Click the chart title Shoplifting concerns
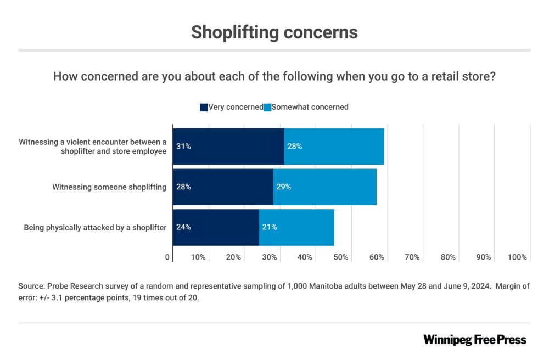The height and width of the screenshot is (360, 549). click(274, 32)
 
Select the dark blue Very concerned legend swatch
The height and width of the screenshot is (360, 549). click(204, 108)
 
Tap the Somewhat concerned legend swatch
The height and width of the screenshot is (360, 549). click(267, 108)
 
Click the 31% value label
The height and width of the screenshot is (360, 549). click(183, 147)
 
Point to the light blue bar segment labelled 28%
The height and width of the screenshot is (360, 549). click(334, 147)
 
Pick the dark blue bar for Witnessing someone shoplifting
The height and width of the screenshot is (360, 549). click(223, 187)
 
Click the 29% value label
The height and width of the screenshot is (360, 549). click(283, 187)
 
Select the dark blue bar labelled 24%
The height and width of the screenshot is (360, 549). click(216, 227)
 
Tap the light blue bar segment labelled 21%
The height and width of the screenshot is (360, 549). click(296, 227)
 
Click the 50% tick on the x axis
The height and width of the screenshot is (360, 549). click(341, 257)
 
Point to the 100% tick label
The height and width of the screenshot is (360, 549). click(517, 257)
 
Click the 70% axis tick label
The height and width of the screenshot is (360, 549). click(412, 257)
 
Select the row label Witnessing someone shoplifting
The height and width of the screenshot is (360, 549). click(109, 187)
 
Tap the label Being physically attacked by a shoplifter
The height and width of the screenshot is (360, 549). click(95, 227)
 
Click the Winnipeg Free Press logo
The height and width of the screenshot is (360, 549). click(474, 340)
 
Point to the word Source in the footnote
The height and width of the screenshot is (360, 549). click(31, 286)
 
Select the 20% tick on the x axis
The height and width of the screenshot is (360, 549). click(233, 257)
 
